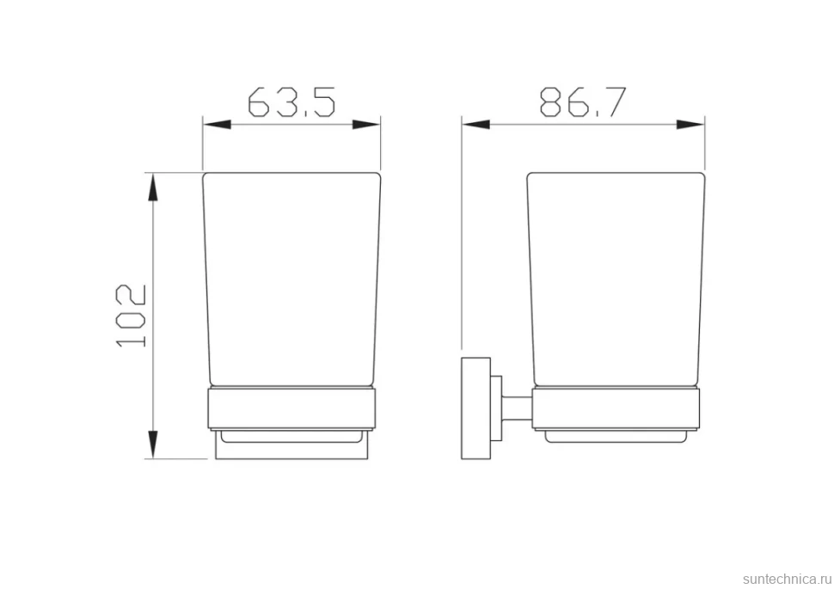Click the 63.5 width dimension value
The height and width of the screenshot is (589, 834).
pos(292,102)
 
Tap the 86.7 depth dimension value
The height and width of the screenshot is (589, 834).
pos(584,102)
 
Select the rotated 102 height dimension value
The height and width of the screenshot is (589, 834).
pos(131,316)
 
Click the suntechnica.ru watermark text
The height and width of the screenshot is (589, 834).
pos(787,579)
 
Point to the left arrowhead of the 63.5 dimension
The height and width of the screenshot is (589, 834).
pos(217,125)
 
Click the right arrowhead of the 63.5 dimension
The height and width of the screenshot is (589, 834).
pos(366,125)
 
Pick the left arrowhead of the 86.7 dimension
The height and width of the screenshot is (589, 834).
pos(476,125)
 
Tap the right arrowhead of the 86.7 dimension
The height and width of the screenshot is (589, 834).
pos(690,125)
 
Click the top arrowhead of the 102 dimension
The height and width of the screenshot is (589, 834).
pos(153,187)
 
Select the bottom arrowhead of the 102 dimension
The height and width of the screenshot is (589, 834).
pos(153,445)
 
